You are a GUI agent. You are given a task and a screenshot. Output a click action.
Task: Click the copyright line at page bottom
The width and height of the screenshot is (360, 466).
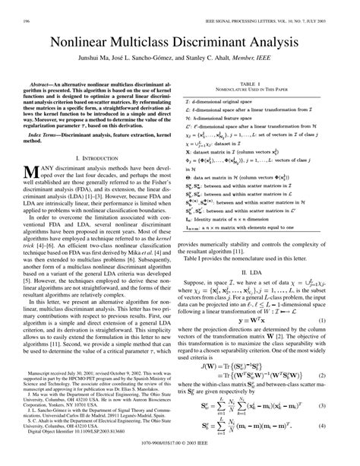[180, 460]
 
